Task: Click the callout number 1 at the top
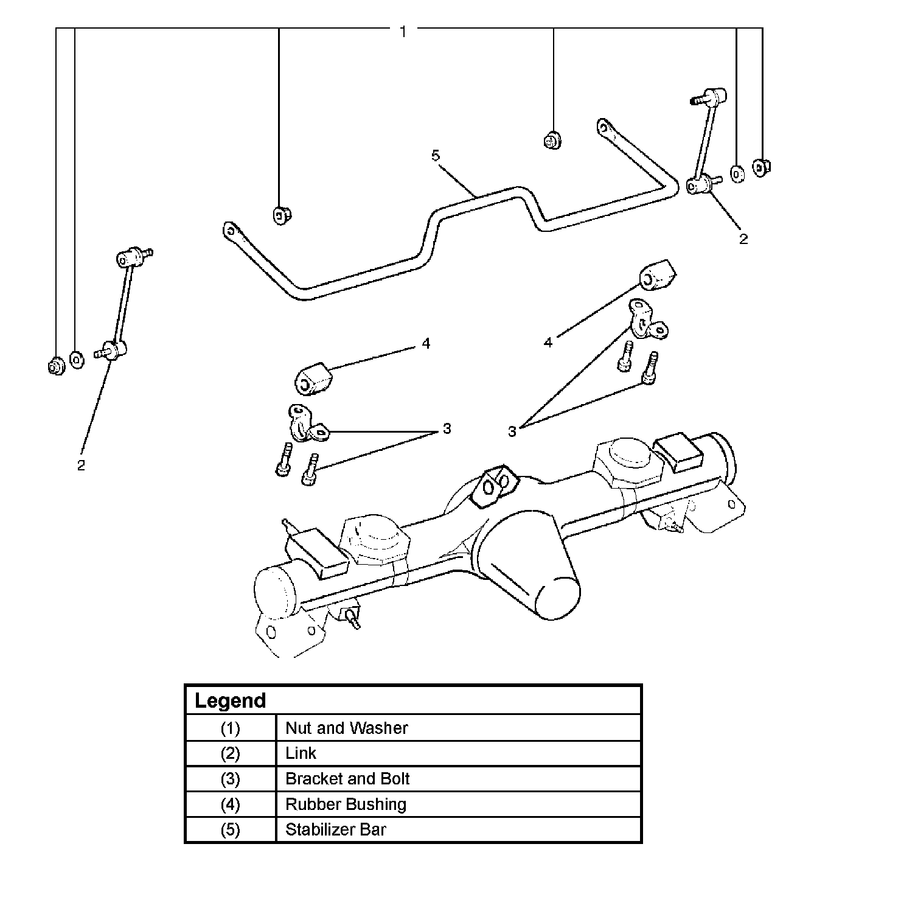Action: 403,31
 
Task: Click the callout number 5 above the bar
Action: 435,156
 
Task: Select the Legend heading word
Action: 230,700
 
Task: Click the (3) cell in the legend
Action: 230,779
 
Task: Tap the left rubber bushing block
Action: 312,379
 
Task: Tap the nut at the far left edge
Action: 55,366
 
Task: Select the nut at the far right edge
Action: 761,166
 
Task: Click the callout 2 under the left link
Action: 81,466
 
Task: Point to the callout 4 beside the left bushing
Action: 426,344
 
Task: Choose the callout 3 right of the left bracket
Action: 447,429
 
